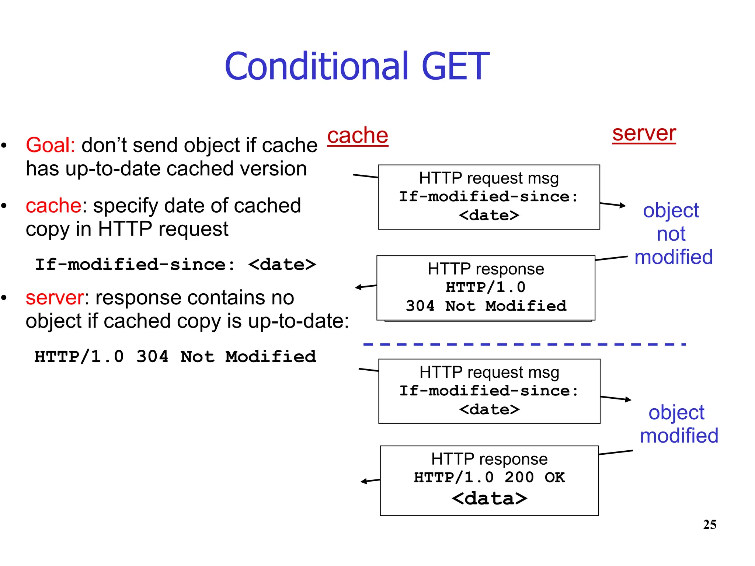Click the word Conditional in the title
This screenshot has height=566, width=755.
click(x=317, y=67)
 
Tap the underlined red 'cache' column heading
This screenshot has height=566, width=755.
click(x=358, y=135)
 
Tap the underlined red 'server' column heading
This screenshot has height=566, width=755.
click(x=644, y=133)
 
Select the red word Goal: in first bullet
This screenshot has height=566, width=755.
click(x=51, y=145)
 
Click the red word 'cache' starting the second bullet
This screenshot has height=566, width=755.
click(x=53, y=205)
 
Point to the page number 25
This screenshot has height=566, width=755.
click(x=709, y=524)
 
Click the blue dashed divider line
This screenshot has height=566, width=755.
click(x=523, y=344)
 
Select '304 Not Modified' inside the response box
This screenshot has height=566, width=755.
click(x=486, y=306)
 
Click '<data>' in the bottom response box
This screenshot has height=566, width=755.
click(x=489, y=499)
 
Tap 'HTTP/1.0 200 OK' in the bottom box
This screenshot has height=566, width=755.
click(x=489, y=477)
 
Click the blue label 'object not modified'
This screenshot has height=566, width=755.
click(x=673, y=234)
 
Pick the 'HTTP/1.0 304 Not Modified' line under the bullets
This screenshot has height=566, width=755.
click(x=175, y=357)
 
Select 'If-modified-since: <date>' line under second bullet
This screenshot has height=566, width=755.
click(x=175, y=265)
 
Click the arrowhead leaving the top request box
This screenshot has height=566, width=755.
click(x=623, y=205)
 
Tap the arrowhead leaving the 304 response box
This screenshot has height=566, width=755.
click(x=358, y=287)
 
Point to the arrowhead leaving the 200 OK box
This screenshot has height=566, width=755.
click(x=364, y=481)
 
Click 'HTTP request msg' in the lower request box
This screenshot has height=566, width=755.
click(x=489, y=372)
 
